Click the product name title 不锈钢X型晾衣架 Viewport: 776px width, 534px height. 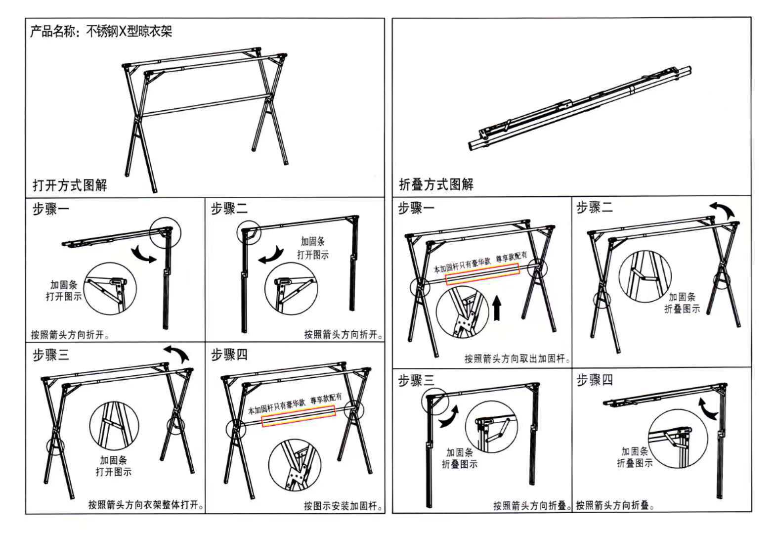point(129,32)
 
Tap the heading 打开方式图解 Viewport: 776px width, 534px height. point(70,185)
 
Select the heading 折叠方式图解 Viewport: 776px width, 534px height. point(436,184)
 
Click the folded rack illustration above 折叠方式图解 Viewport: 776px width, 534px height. point(580,108)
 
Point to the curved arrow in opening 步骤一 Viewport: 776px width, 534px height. point(143,255)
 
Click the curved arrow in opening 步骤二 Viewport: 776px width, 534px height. point(272,256)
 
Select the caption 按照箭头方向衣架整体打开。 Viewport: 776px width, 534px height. point(146,504)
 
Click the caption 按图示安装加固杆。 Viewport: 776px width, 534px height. point(344,506)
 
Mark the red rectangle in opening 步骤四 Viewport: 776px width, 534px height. point(299,416)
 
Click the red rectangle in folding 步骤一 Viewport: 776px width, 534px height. point(482,274)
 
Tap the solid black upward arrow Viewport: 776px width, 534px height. point(497,308)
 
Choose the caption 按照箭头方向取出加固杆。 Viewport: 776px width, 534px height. point(517,358)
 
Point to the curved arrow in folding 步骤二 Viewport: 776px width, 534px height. point(723,209)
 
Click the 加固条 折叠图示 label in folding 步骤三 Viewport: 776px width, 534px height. point(460,458)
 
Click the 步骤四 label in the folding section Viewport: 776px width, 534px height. point(595,380)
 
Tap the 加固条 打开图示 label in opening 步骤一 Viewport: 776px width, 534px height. point(64,290)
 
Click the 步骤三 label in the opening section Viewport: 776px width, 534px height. point(51,355)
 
